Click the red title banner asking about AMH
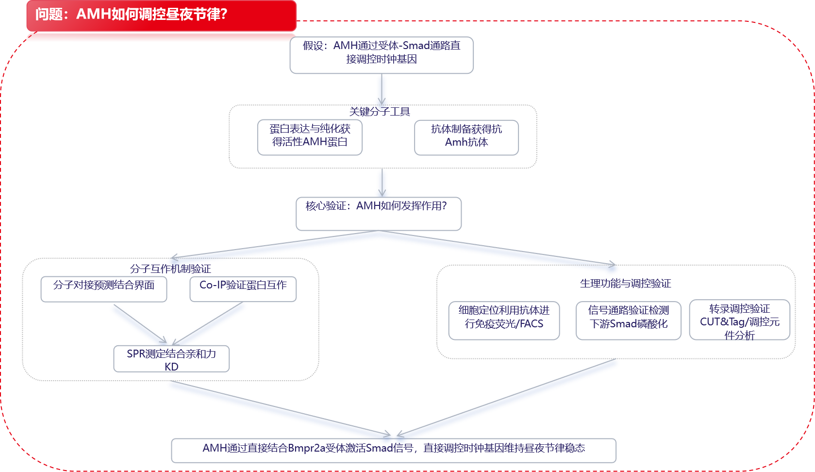point(161,15)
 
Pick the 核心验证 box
point(379,213)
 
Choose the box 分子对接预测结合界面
point(104,288)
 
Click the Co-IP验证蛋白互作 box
point(243,288)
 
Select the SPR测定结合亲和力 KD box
point(171,359)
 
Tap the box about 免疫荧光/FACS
point(504,320)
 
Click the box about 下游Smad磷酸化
point(629,320)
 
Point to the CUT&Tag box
point(739,320)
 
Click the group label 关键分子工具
point(380,112)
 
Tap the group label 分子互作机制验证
point(170,269)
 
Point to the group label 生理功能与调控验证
point(625,283)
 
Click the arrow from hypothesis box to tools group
point(382,90)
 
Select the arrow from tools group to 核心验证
point(382,182)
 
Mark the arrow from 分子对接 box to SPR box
point(140,324)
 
